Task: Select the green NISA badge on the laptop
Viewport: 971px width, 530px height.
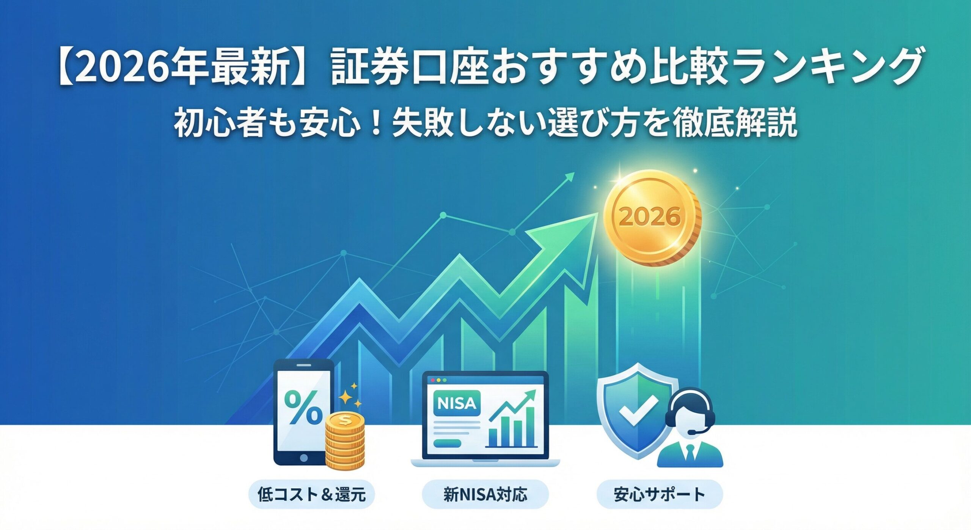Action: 456,403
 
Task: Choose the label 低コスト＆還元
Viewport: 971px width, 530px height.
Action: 311,494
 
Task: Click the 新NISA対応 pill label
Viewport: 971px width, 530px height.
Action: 485,494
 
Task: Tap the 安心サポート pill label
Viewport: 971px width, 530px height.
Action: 659,494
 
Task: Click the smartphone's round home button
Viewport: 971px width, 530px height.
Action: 303,458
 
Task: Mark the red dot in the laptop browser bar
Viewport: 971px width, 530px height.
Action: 433,380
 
